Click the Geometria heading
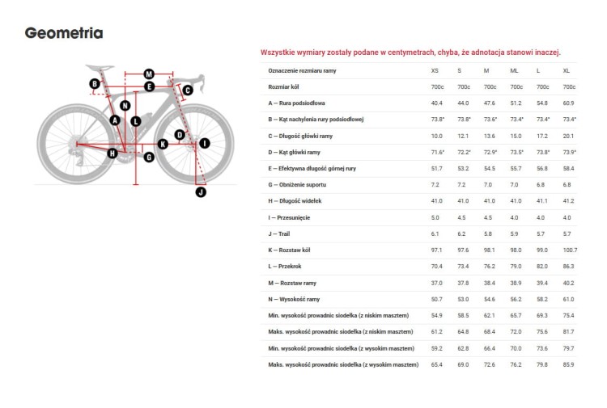point(64,33)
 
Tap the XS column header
point(435,71)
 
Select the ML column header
point(515,71)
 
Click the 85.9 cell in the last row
point(569,365)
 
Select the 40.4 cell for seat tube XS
point(437,103)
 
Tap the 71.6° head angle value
point(438,152)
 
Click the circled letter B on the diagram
point(95,84)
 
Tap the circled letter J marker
point(202,191)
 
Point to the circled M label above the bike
point(149,74)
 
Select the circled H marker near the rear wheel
point(112,153)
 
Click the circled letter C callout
point(187,90)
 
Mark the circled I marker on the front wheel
point(204,143)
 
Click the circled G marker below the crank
point(149,157)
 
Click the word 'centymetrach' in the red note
point(414,53)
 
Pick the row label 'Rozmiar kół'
point(285,87)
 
